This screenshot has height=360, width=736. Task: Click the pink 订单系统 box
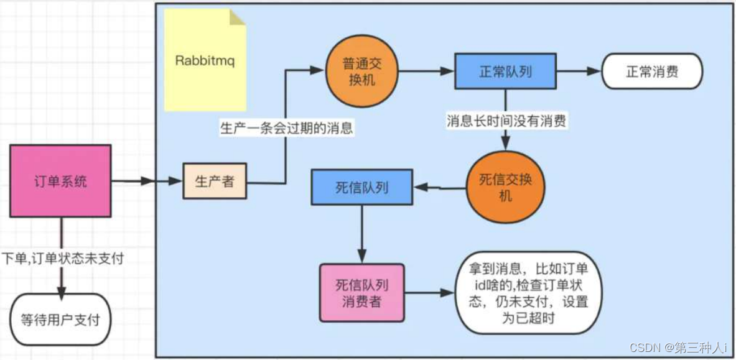(x=61, y=182)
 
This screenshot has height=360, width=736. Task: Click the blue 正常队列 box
(x=505, y=72)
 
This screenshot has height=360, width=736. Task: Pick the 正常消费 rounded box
(x=651, y=72)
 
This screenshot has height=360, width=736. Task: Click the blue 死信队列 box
(x=361, y=187)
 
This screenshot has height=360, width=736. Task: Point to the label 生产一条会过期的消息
(x=286, y=129)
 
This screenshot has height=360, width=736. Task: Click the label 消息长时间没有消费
(x=506, y=121)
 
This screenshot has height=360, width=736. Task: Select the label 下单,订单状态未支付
(x=63, y=259)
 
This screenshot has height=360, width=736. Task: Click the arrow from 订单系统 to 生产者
(x=146, y=182)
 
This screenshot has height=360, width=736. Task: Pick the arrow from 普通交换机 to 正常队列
(x=426, y=72)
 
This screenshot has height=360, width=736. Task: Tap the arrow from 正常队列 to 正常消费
(x=578, y=72)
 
